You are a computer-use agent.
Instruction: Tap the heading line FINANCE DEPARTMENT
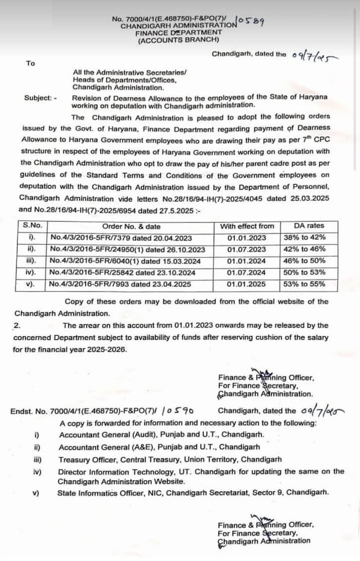pyautogui.click(x=178, y=32)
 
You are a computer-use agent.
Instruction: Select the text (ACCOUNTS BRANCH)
pyautogui.click(x=178, y=39)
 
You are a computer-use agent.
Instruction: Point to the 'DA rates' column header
pyautogui.click(x=309, y=226)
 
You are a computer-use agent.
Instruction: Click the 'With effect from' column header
pyautogui.click(x=247, y=226)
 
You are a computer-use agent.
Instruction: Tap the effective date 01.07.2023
pyautogui.click(x=247, y=249)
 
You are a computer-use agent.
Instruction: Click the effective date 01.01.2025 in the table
pyautogui.click(x=247, y=284)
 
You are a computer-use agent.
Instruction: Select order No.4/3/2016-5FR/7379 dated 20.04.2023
pyautogui.click(x=121, y=238)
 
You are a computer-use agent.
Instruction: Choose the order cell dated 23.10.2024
pyautogui.click(x=120, y=272)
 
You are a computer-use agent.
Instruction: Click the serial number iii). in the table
pyautogui.click(x=30, y=261)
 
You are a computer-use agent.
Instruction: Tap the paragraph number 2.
pyautogui.click(x=16, y=325)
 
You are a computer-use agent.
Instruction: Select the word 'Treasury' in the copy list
pyautogui.click(x=73, y=459)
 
